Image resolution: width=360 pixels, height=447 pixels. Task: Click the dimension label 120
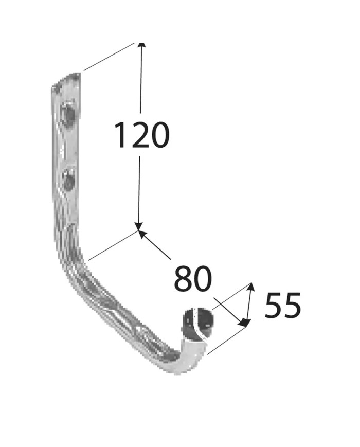click(141, 135)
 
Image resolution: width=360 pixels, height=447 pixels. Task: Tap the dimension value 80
click(193, 278)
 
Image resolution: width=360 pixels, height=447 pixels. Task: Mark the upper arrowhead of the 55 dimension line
click(250, 287)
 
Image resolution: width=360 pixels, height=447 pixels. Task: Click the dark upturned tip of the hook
click(197, 323)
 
